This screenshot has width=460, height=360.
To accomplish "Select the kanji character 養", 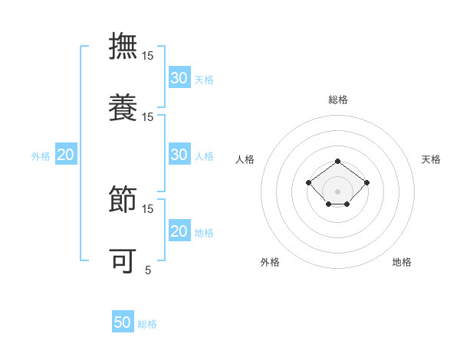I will (123, 106).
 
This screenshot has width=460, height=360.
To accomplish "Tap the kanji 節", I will (123, 198).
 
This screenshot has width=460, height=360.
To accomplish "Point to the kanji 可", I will (123, 260).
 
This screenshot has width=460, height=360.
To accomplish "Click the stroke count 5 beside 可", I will (148, 270).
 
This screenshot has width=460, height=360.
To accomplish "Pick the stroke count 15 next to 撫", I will (148, 56).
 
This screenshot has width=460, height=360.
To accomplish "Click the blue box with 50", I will (123, 322).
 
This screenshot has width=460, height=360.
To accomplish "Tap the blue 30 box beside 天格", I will (179, 77).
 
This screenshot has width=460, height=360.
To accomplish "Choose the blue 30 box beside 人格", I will (179, 154).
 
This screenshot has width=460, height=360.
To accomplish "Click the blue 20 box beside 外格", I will (65, 155).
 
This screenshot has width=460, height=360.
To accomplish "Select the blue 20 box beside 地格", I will (179, 231).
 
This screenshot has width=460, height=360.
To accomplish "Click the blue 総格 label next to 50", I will (147, 324).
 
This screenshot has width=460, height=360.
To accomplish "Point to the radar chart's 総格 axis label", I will (338, 100).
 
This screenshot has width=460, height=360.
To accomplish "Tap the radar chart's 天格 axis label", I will (431, 159).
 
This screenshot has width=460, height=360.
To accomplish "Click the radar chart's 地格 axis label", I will (402, 262).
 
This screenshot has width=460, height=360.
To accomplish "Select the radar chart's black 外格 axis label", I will (270, 262).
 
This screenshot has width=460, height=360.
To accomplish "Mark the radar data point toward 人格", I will (308, 182).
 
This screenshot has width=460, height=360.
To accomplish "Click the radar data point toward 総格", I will (338, 161).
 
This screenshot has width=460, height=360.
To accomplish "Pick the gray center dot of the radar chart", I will (338, 191).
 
